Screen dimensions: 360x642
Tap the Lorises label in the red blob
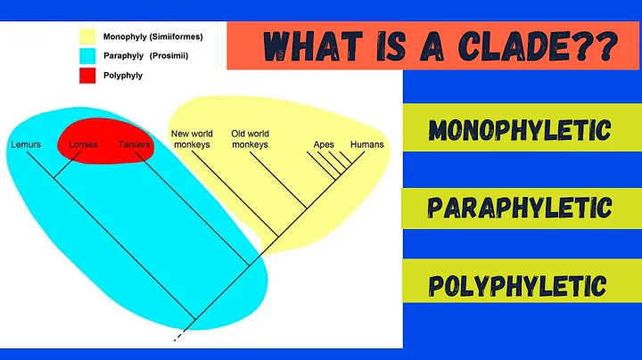(x=83, y=143)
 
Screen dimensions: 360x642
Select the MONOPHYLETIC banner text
(x=520, y=131)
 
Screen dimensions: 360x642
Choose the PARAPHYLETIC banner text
(x=520, y=208)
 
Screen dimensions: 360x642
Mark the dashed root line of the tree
(x=180, y=334)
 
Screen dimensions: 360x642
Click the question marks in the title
(x=595, y=45)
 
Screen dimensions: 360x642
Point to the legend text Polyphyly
(x=123, y=76)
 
